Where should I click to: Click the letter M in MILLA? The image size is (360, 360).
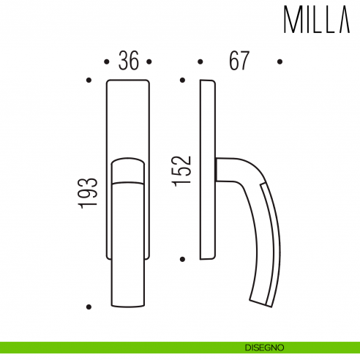tap(291, 22)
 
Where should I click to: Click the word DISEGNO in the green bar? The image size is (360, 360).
tap(265, 348)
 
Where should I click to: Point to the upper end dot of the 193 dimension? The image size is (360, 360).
tap(89, 80)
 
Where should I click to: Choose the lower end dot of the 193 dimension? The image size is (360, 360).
tap(89, 307)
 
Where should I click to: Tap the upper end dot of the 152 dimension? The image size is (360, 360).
tap(182, 80)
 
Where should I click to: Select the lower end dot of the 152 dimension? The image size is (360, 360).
tap(182, 258)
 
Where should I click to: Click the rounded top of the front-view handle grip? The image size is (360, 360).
tap(128, 162)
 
